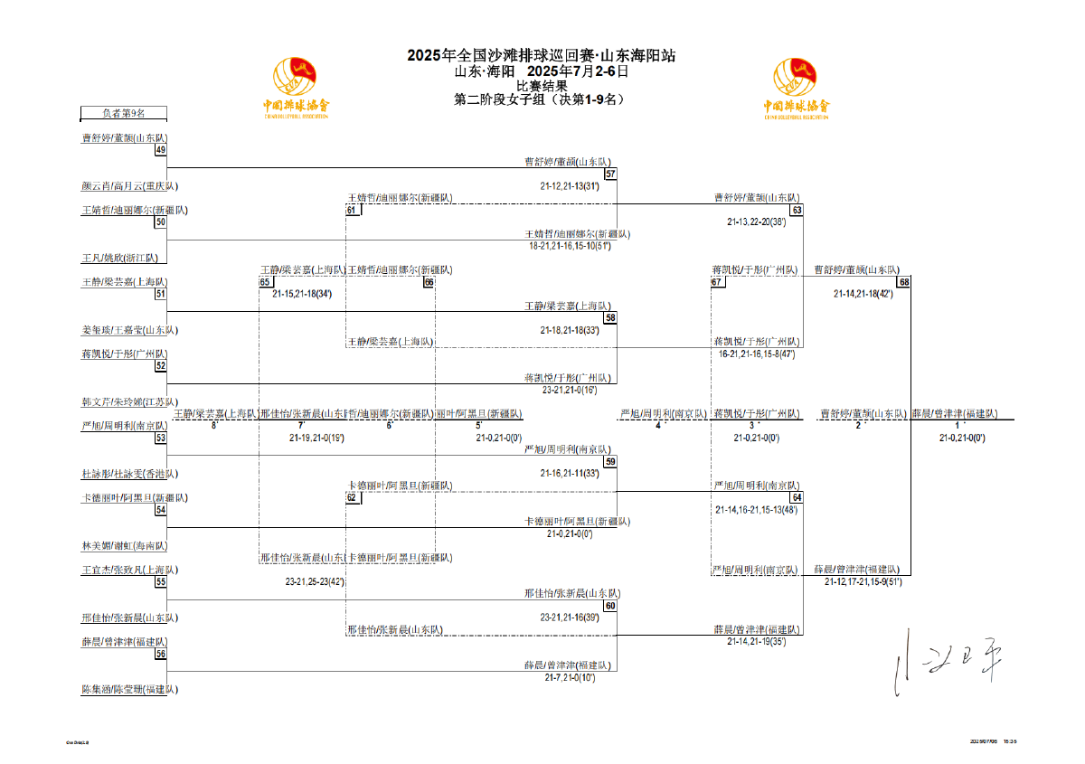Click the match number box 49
click(160, 150)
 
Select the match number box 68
click(903, 282)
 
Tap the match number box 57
click(610, 174)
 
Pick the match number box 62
click(351, 498)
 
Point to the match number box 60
click(610, 606)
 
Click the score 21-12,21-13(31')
click(570, 186)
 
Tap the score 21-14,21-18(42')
click(863, 294)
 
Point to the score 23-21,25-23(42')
click(315, 581)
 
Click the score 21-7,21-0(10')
click(570, 677)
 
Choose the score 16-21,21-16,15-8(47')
click(757, 354)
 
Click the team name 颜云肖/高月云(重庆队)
click(129, 186)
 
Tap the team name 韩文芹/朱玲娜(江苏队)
click(129, 401)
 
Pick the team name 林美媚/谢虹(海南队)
click(124, 546)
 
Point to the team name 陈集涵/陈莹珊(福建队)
click(129, 689)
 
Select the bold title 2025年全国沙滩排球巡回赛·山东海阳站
click(541, 55)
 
